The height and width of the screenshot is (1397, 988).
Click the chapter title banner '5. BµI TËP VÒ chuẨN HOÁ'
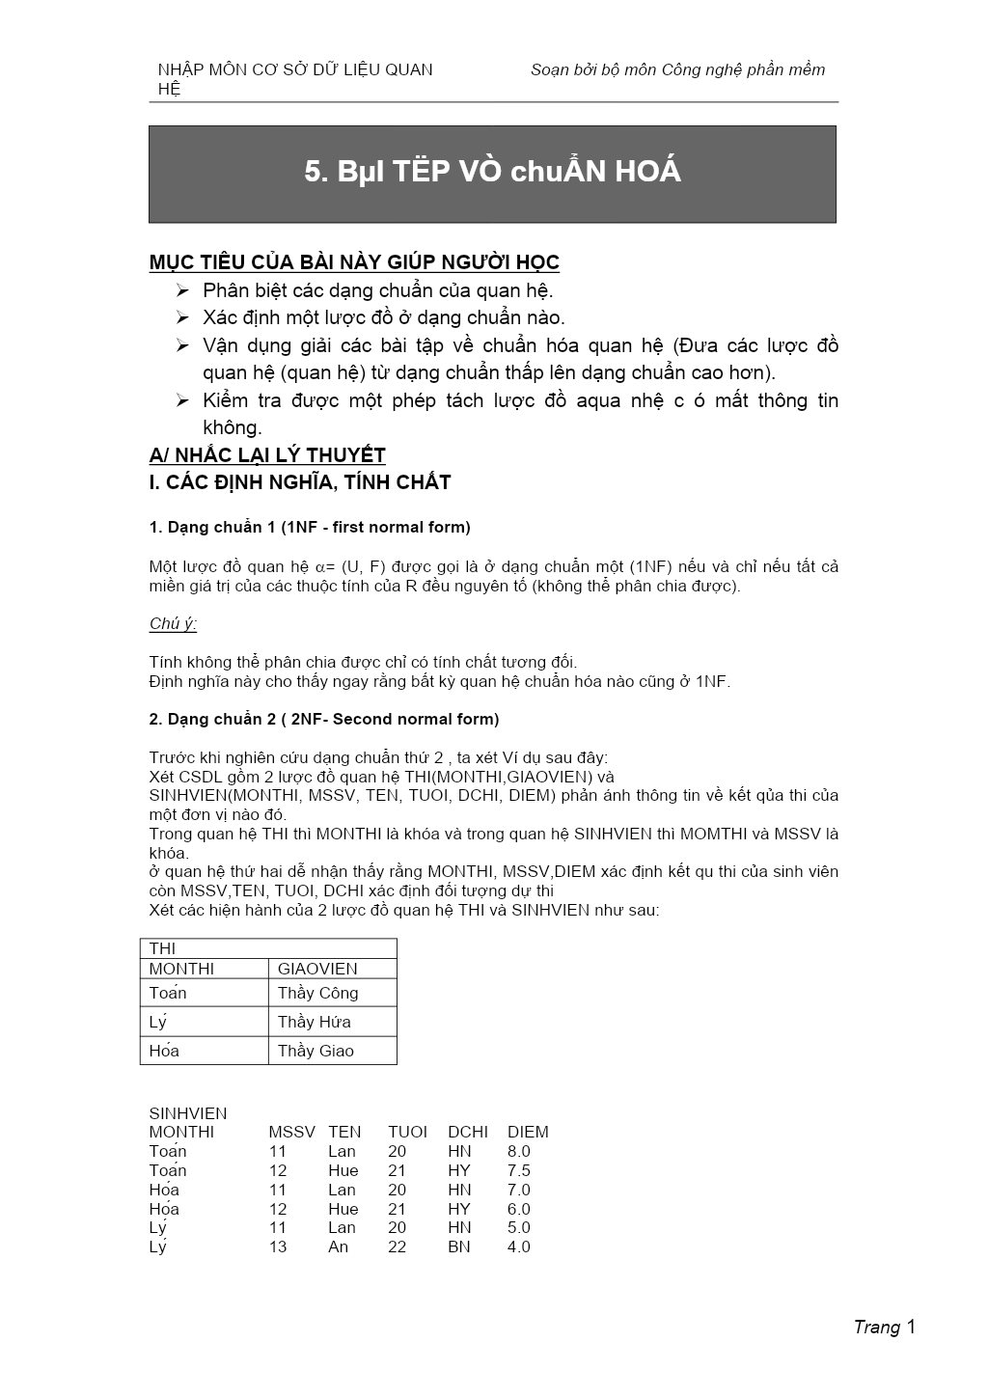(492, 173)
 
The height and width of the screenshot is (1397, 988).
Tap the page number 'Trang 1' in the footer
(884, 1328)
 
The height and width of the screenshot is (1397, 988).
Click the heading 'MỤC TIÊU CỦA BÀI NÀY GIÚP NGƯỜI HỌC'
(354, 262)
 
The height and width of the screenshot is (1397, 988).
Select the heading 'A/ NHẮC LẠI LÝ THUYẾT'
(267, 455)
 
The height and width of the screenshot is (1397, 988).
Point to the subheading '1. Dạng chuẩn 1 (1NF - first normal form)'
(310, 527)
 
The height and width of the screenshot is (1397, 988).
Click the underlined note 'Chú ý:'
(173, 623)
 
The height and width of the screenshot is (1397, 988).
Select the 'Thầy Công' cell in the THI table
(317, 993)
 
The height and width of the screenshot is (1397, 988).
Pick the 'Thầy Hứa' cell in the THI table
(314, 1022)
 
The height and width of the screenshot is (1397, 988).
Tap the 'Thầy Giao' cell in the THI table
(316, 1051)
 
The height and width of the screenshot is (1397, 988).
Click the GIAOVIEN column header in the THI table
(317, 969)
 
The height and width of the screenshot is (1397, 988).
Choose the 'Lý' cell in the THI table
(158, 1022)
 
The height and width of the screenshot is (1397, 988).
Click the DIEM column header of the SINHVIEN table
(528, 1132)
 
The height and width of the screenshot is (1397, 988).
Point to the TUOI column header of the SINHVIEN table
(407, 1132)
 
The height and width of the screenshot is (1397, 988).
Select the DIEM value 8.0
(519, 1151)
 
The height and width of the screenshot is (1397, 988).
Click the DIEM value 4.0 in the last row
(519, 1246)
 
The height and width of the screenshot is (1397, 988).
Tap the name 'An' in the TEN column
(338, 1246)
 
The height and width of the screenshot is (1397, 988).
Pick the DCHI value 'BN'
(459, 1246)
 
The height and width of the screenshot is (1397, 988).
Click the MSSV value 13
(278, 1246)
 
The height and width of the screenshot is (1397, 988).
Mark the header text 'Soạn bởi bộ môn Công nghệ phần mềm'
(677, 69)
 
